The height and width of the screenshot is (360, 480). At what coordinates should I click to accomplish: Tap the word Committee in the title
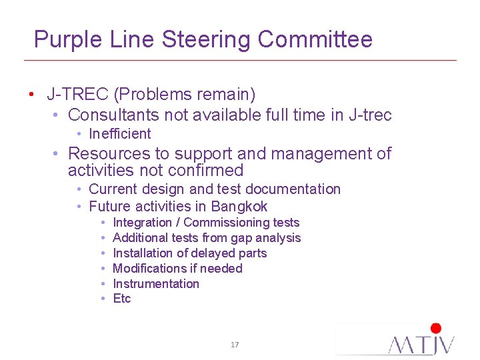coord(315,39)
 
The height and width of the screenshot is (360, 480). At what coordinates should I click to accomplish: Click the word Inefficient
coord(119,134)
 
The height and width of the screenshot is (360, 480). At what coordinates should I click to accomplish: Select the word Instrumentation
coord(156,284)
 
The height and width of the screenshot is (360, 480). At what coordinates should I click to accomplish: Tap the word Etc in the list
coord(122,299)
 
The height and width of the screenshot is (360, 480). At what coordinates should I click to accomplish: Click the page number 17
coord(235,345)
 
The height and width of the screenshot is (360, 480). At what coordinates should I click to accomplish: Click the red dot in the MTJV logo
coord(436,328)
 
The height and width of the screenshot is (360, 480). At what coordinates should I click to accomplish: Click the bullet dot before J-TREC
coord(31,95)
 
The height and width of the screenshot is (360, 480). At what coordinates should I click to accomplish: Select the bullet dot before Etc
coord(103,299)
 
